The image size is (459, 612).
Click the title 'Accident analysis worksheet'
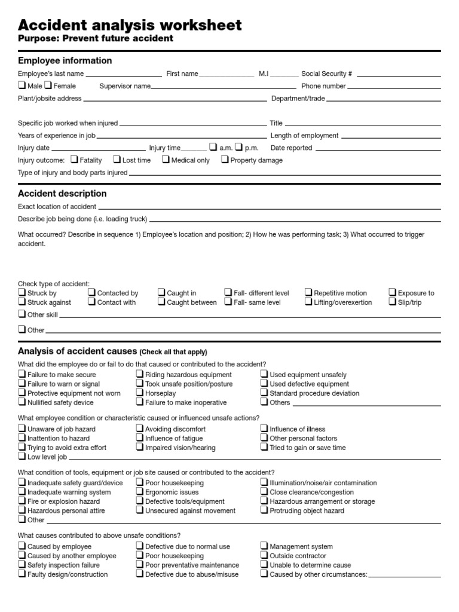(130, 25)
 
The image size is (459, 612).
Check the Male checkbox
(22, 85)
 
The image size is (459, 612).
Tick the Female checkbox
(48, 85)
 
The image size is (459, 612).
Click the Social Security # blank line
(399, 76)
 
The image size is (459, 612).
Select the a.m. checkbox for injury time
(213, 147)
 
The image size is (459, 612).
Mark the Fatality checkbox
(74, 160)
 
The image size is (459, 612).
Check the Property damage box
(225, 160)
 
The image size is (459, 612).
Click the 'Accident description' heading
(62, 194)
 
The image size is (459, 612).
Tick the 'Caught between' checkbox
(161, 302)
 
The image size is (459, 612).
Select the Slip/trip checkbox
(393, 302)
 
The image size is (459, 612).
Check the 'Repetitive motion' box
(308, 292)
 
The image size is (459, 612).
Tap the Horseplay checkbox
(140, 393)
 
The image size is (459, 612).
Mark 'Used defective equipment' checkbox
(264, 384)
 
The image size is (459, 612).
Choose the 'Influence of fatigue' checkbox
(140, 437)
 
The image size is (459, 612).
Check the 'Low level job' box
(22, 456)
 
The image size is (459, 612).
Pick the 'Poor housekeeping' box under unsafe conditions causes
(140, 555)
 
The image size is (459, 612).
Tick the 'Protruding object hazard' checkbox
(264, 510)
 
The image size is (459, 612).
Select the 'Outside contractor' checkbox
(264, 555)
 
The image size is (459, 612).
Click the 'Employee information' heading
(65, 60)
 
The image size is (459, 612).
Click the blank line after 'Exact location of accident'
(270, 209)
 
